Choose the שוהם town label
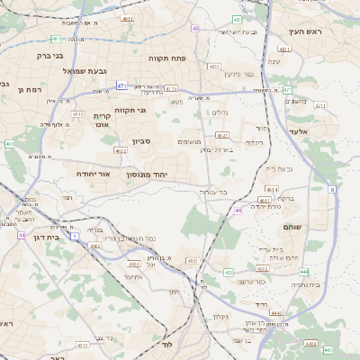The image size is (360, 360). click(294, 227)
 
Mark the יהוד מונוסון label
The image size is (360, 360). click(166, 173)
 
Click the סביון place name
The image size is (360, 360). click(145, 140)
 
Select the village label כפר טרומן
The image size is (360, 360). click(251, 282)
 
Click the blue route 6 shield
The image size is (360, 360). click(331, 190)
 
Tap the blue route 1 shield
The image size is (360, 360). click(74, 236)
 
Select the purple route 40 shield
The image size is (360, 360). click(195, 29)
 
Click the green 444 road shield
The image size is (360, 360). click(304, 271)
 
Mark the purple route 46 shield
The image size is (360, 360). click(238, 210)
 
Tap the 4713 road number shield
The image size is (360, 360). click(171, 89)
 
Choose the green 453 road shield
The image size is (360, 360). click(228, 271)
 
